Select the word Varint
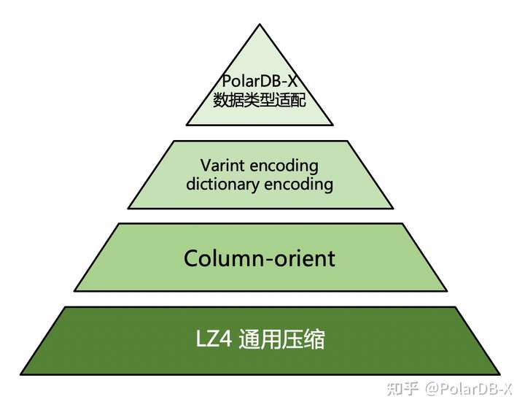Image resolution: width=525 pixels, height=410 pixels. tap(220, 165)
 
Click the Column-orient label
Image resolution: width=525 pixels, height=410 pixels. tap(260, 258)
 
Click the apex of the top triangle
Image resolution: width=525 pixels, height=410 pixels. tap(260, 24)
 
